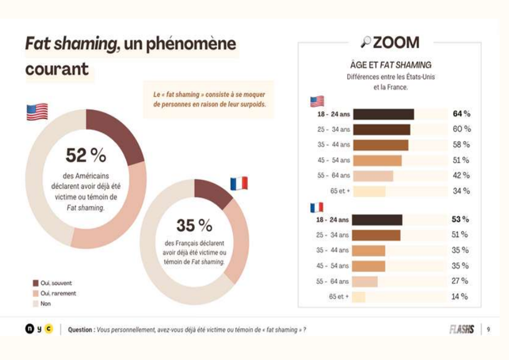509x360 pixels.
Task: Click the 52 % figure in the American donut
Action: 86,155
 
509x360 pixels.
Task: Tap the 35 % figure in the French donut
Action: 194,225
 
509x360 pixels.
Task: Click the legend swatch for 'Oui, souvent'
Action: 36,283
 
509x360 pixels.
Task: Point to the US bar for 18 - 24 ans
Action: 384,114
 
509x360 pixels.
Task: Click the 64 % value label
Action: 461,114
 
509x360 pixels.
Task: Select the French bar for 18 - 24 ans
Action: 377,220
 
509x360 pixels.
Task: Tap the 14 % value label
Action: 459,297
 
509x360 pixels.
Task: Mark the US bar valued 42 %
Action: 373,176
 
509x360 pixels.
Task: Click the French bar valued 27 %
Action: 365,281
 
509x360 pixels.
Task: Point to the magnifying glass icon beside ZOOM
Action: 366,42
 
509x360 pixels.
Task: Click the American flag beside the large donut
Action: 37,112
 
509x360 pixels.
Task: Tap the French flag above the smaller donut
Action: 239,183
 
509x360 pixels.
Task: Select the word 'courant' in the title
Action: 57,69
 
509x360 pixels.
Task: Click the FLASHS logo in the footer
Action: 462,330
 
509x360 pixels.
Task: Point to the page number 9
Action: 488,330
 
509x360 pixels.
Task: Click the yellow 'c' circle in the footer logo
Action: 49,329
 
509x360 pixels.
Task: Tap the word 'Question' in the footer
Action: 80,330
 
